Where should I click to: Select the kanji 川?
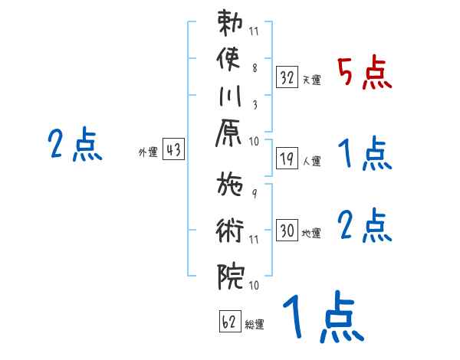(230, 96)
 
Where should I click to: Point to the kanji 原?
(228, 133)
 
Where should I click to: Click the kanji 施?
(230, 184)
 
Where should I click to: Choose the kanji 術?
(230, 231)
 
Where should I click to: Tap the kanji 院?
(231, 277)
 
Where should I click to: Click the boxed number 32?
(287, 77)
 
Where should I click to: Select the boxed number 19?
(287, 159)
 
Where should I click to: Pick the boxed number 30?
(287, 230)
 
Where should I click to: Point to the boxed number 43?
(173, 149)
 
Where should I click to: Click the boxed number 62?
(230, 321)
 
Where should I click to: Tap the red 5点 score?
(365, 72)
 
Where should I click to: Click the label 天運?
(312, 80)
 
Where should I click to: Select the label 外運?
(148, 152)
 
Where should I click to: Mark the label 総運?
(255, 324)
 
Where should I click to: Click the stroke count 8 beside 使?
(255, 68)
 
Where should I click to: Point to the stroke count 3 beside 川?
(255, 105)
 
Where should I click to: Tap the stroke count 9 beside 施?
(255, 194)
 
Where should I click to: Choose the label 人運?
(312, 161)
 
